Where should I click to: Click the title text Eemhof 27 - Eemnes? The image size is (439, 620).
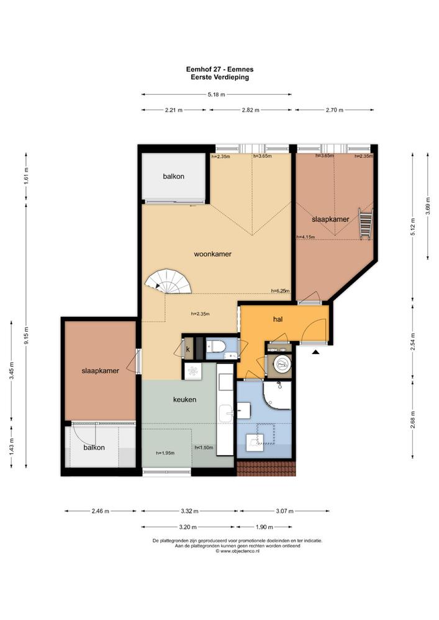pyautogui.click(x=220, y=69)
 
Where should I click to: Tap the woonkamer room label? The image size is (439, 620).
pyautogui.click(x=212, y=254)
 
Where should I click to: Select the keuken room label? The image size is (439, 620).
pyautogui.click(x=184, y=400)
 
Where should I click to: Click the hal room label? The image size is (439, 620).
pyautogui.click(x=278, y=319)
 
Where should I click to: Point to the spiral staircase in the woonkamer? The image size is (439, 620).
pyautogui.click(x=168, y=281)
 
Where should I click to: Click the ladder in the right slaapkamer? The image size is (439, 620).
pyautogui.click(x=365, y=224)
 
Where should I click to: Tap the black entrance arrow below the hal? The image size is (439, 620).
pyautogui.click(x=315, y=352)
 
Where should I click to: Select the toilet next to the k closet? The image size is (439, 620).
pyautogui.click(x=217, y=347)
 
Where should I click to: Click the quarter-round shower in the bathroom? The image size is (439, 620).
pyautogui.click(x=278, y=396)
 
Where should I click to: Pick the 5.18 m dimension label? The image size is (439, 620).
pyautogui.click(x=216, y=94)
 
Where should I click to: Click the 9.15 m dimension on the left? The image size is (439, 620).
pyautogui.click(x=26, y=336)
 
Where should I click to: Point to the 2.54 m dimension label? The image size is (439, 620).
pyautogui.click(x=413, y=341)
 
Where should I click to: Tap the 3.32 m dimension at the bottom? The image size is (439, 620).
pyautogui.click(x=189, y=511)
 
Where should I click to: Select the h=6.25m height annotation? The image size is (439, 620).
pyautogui.click(x=280, y=291)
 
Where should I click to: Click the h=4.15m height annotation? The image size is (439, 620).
pyautogui.click(x=305, y=237)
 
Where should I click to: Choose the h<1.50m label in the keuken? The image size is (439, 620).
pyautogui.click(x=204, y=448)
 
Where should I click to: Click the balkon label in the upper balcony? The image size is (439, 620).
pyautogui.click(x=173, y=176)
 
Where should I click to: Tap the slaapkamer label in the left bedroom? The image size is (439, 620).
pyautogui.click(x=100, y=371)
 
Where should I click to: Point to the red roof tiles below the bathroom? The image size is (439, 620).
pyautogui.click(x=266, y=468)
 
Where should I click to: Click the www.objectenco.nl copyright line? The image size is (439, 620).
pyautogui.click(x=238, y=551)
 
